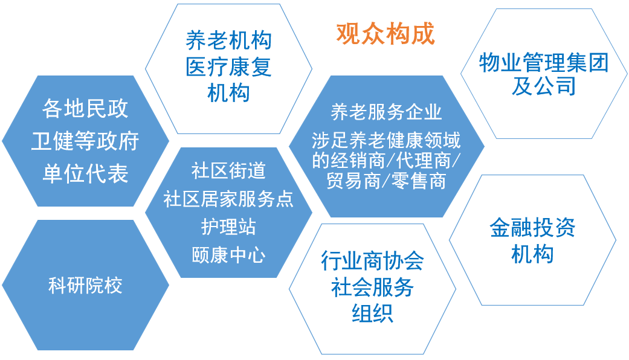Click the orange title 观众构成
tap(385, 34)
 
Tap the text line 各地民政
tap(85, 109)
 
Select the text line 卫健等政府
tap(85, 141)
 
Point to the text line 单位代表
tap(85, 174)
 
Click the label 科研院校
tap(85, 286)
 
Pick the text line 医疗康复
tap(228, 67)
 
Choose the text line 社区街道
tap(228, 170)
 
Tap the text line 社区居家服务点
tap(228, 199)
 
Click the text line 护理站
tap(228, 227)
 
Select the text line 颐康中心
tap(228, 254)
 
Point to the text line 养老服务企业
tap(386, 112)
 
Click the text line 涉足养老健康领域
tap(386, 140)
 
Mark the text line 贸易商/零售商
tap(386, 181)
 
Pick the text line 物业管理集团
tap(543, 62)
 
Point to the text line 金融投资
tap(532, 228)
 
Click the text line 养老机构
tap(228, 40)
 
